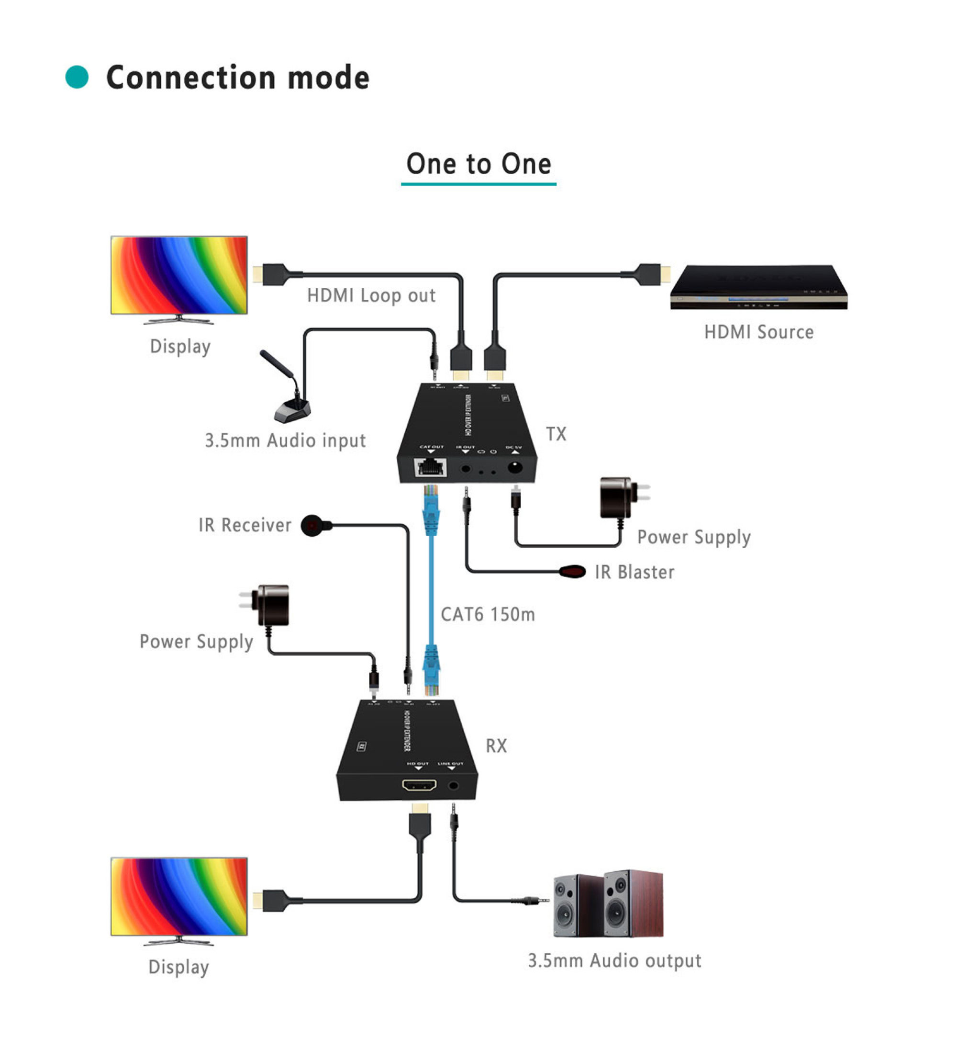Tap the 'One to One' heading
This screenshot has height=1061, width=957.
pyautogui.click(x=478, y=164)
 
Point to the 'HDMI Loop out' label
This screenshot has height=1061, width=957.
pyautogui.click(x=371, y=295)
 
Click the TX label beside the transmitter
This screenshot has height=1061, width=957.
pyautogui.click(x=556, y=434)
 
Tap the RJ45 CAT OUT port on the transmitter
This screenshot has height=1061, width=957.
pyautogui.click(x=431, y=467)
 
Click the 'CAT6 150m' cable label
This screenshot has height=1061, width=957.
pyautogui.click(x=488, y=614)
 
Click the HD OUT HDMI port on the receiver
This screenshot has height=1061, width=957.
pyautogui.click(x=419, y=785)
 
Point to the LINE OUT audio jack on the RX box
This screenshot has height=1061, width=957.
pyautogui.click(x=453, y=786)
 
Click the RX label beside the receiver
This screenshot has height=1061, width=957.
pyautogui.click(x=496, y=746)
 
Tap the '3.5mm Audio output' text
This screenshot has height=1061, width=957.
pyautogui.click(x=614, y=960)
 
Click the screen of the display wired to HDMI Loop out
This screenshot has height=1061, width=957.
pyautogui.click(x=179, y=275)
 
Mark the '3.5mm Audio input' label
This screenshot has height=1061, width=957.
pyautogui.click(x=285, y=440)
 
